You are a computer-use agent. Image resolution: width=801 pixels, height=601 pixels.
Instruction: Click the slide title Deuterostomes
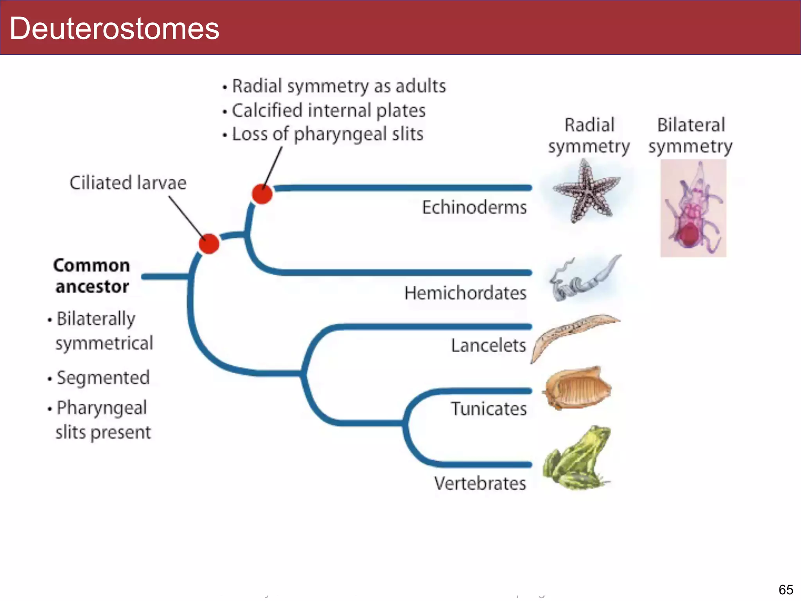point(114,29)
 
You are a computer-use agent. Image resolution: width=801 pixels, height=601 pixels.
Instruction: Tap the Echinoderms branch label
point(474,207)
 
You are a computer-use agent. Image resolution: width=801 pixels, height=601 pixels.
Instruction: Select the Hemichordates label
point(465,293)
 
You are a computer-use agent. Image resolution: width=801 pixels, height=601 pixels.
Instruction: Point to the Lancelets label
point(488,345)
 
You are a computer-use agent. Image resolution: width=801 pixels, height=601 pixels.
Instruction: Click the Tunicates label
point(489,409)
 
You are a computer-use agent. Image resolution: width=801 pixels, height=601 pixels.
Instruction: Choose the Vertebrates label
point(480,484)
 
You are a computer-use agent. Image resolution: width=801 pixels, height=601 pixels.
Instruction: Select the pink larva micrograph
point(693,208)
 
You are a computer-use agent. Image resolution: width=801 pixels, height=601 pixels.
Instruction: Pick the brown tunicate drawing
point(577,389)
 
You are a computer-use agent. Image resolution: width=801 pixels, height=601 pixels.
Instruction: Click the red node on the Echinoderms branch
point(262,194)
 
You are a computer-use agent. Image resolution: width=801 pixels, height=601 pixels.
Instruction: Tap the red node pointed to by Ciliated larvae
point(209,244)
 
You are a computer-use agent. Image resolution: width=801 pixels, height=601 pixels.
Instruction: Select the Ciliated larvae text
point(128,183)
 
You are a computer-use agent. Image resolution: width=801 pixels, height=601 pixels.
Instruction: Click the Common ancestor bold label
point(92,276)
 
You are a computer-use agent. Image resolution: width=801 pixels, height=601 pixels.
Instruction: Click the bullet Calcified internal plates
point(328,111)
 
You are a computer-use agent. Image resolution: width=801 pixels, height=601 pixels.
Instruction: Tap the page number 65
point(785,589)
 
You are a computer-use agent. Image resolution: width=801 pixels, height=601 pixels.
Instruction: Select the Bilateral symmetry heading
point(690,136)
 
